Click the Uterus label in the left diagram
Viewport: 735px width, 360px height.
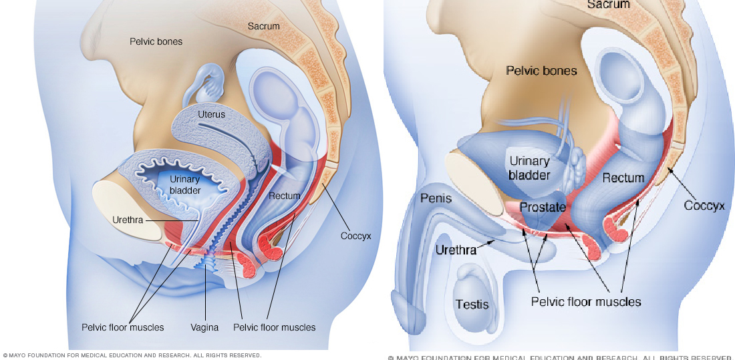pos(212,114)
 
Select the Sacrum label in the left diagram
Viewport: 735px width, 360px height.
pos(263,26)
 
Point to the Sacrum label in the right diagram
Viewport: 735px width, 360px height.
pos(608,5)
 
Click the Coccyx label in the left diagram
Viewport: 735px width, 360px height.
pos(355,236)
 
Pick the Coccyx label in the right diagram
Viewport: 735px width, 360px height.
pos(704,205)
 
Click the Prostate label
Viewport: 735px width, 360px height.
pos(543,207)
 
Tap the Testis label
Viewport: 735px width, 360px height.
pos(472,304)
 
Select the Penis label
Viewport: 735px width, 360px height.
pos(436,198)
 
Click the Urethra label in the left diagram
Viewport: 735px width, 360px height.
pos(128,219)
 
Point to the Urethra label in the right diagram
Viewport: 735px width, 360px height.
pos(456,250)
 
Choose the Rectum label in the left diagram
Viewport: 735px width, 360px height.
pos(285,196)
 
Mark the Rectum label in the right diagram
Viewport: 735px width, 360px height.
pos(623,178)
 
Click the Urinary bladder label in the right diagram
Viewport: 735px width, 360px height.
pos(529,168)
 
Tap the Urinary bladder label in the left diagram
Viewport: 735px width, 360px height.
pos(184,184)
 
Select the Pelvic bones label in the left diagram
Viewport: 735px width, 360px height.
pos(156,41)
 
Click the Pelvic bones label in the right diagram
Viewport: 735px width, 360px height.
pos(541,70)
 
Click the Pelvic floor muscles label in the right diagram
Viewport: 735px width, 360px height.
pos(586,302)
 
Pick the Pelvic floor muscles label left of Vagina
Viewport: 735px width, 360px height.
pos(122,327)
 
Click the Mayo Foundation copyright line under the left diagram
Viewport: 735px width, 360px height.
pos(132,355)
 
